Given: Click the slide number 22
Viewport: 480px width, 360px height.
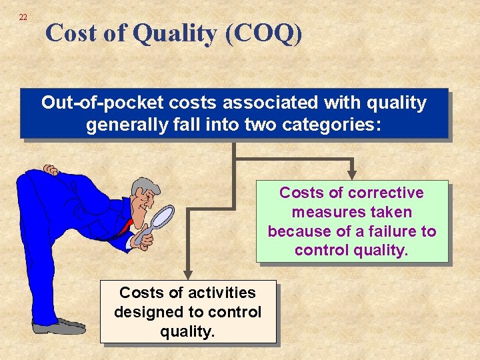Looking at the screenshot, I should pyautogui.click(x=23, y=17).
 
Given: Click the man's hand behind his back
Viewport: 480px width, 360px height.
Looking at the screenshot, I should pyautogui.click(x=50, y=171).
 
